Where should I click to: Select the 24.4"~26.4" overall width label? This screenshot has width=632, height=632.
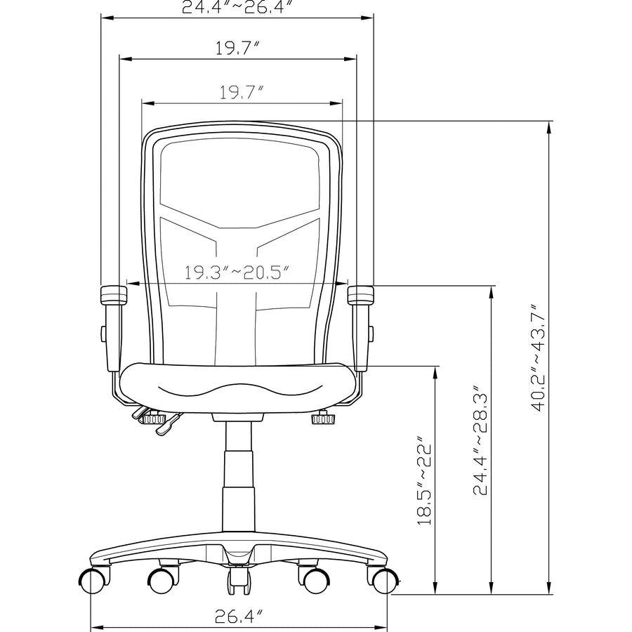pyautogui.click(x=237, y=8)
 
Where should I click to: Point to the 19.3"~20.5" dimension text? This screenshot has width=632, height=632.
pyautogui.click(x=237, y=272)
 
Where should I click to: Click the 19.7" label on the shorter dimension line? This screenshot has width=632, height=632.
pyautogui.click(x=242, y=92)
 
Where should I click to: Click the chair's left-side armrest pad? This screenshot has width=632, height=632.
pyautogui.click(x=113, y=294)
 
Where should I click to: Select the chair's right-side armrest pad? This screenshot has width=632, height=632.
pyautogui.click(x=361, y=294)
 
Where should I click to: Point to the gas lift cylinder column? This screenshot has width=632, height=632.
pyautogui.click(x=237, y=478)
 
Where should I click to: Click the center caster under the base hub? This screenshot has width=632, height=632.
pyautogui.click(x=238, y=580)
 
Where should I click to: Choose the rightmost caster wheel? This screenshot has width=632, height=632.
pyautogui.click(x=383, y=581)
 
